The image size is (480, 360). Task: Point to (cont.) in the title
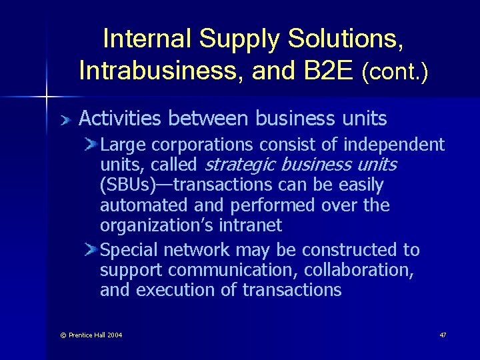(x=395, y=71)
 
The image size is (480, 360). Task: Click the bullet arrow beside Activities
(x=65, y=120)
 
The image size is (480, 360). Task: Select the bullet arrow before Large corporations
(x=91, y=145)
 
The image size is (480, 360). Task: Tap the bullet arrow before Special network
(x=91, y=250)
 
